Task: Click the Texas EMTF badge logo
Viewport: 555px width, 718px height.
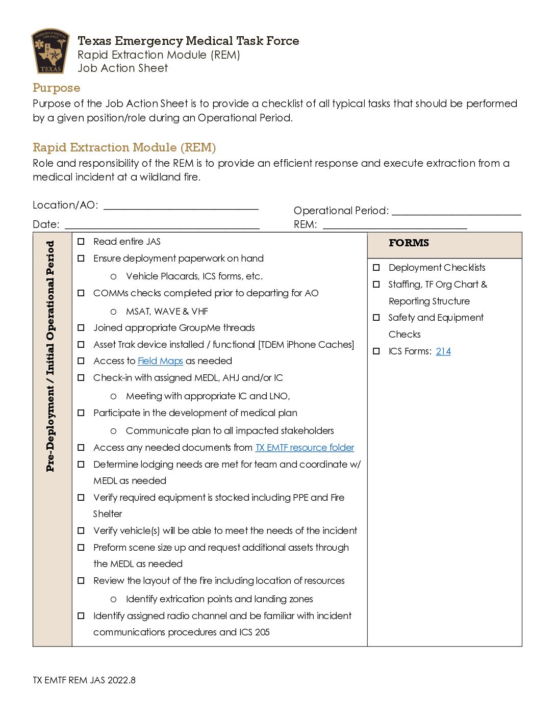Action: [50, 51]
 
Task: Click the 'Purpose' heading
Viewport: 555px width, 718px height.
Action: [56, 88]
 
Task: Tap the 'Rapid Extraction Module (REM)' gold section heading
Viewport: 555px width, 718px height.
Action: [124, 147]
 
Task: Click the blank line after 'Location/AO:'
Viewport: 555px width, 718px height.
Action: [181, 206]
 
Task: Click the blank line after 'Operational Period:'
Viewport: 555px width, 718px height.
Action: [456, 212]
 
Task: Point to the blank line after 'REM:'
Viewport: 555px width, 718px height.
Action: [395, 225]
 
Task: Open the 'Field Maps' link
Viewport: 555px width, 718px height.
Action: [160, 361]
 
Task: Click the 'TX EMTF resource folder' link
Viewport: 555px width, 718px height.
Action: [305, 448]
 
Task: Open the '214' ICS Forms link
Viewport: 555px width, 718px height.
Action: [443, 351]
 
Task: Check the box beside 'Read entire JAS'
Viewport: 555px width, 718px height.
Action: [81, 241]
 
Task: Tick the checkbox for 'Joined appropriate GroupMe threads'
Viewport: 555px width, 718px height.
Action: [81, 327]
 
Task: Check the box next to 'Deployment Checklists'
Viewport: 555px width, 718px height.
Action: [376, 267]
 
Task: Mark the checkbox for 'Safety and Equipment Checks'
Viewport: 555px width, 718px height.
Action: [376, 317]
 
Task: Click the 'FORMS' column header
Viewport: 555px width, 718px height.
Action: [409, 243]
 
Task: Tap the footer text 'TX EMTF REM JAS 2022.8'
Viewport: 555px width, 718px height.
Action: [84, 680]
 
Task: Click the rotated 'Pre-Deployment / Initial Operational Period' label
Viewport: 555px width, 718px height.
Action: [50, 356]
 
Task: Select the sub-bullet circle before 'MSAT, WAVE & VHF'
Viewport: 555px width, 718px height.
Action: [113, 312]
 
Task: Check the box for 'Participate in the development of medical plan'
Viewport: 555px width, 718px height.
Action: [81, 413]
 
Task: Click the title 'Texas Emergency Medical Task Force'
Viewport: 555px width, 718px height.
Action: [188, 41]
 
